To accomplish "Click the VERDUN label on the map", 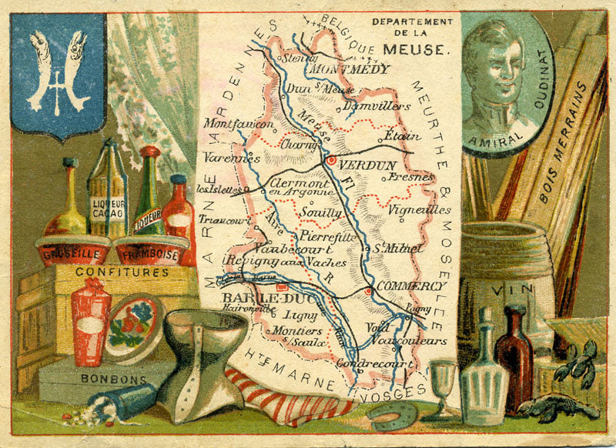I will pos(367,165).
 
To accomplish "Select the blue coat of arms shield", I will pos(58,74).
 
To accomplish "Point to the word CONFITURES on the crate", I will pos(112,272).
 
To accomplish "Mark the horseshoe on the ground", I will pos(390,416).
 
